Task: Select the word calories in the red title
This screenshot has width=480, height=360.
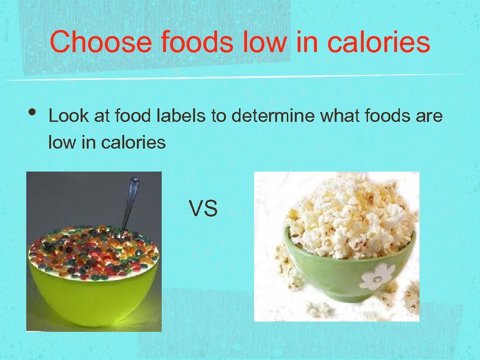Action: pos(378,42)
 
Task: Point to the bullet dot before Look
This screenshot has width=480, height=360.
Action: pos(31,113)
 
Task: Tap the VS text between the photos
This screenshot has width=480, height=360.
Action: pos(203,209)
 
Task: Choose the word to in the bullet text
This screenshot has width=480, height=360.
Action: pos(218,117)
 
